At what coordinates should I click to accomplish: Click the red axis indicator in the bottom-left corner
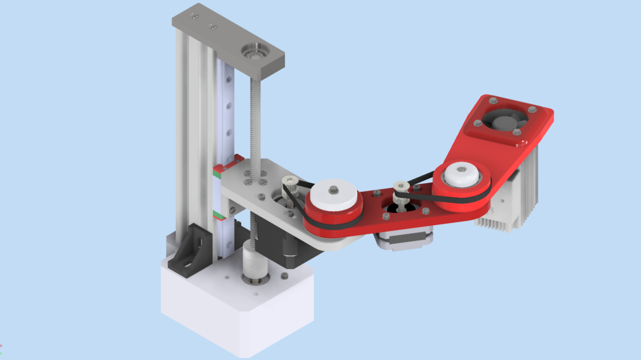tap(1, 346)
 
